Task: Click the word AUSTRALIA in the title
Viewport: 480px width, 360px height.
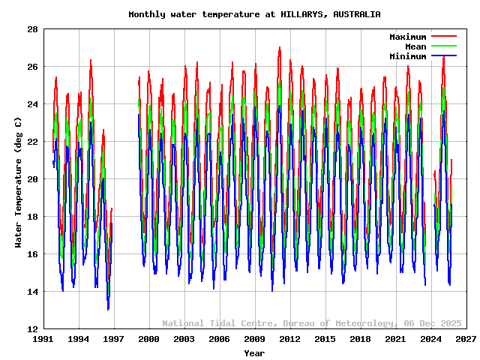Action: tap(357, 14)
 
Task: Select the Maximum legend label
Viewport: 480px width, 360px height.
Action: tap(407, 37)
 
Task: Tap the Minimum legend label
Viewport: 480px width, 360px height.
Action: tap(407, 56)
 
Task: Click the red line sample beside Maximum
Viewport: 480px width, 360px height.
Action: tap(443, 37)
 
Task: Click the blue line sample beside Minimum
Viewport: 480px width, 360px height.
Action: tap(443, 56)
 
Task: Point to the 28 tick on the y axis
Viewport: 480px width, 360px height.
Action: tap(33, 29)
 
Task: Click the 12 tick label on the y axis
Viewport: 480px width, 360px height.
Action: tap(33, 329)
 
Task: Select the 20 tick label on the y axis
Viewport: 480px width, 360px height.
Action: tap(33, 179)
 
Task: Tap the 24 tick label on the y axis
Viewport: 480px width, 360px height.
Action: tap(33, 104)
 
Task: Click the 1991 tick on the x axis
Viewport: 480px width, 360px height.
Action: tap(43, 340)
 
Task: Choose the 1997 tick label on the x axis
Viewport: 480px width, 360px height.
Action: tap(114, 340)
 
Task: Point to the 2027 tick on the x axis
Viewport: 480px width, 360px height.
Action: tap(466, 340)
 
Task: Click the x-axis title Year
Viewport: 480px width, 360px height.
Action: tap(254, 352)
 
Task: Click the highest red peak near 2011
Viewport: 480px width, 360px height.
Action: tap(280, 47)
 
